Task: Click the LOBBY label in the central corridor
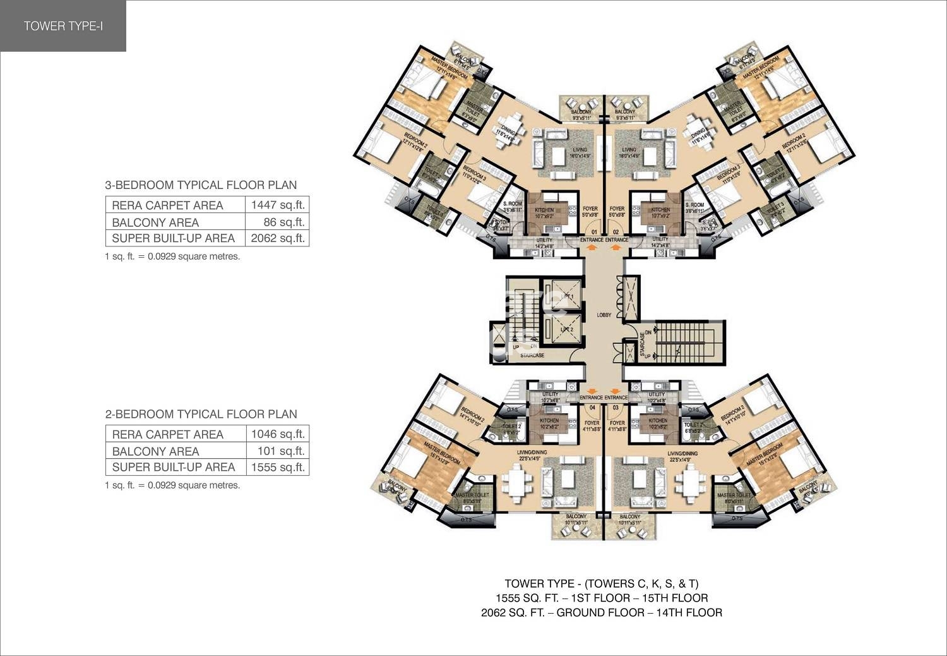[604, 314]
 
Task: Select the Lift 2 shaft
[566, 330]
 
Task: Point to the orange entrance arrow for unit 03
[616, 389]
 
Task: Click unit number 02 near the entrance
[616, 231]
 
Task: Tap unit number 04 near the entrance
[592, 408]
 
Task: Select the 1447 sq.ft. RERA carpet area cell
[277, 205]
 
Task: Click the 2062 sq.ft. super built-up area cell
[277, 238]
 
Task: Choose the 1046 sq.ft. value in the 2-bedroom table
[277, 434]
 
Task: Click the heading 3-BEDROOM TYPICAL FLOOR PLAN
[201, 185]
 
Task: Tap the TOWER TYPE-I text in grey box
[63, 26]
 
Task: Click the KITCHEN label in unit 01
[544, 210]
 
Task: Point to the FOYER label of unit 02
[617, 209]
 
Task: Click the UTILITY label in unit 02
[660, 240]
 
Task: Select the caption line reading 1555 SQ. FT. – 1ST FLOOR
[601, 598]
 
